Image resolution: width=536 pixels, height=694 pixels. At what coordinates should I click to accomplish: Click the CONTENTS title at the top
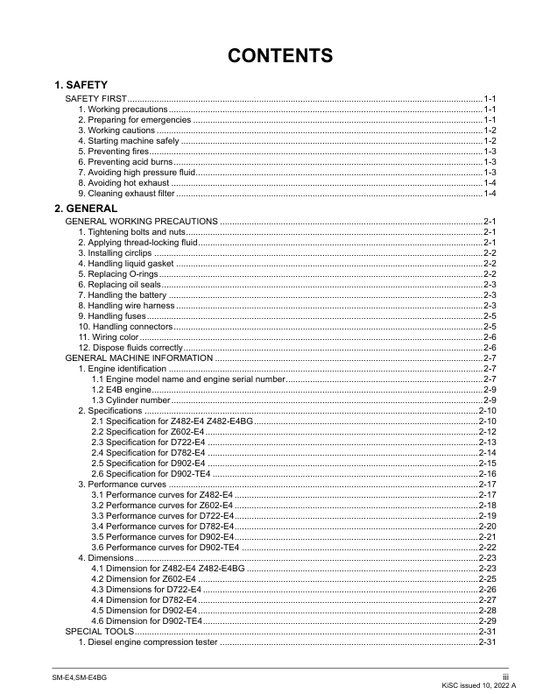pyautogui.click(x=280, y=56)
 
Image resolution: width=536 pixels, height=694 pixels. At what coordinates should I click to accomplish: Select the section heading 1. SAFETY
pyautogui.click(x=81, y=85)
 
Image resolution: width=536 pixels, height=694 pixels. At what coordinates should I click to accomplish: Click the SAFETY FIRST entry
pyautogui.click(x=96, y=98)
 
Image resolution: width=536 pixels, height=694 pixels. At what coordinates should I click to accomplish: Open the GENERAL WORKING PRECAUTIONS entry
pyautogui.click(x=142, y=221)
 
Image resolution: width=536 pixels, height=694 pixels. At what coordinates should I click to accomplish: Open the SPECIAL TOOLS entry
pyautogui.click(x=100, y=631)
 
